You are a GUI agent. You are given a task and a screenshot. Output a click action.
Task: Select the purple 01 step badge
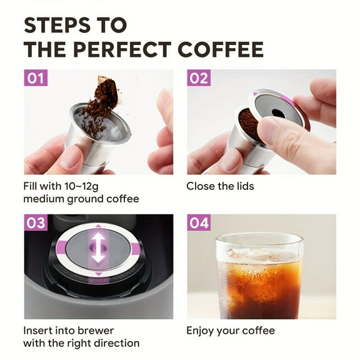(x=35, y=79)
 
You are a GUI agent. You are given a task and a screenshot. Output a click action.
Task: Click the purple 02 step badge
(x=198, y=79)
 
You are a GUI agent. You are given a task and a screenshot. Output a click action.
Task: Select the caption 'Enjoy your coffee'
(x=231, y=331)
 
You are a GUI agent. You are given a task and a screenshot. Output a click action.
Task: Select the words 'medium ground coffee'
(x=81, y=199)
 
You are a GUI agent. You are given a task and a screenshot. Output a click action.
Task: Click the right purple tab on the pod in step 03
(x=136, y=249)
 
